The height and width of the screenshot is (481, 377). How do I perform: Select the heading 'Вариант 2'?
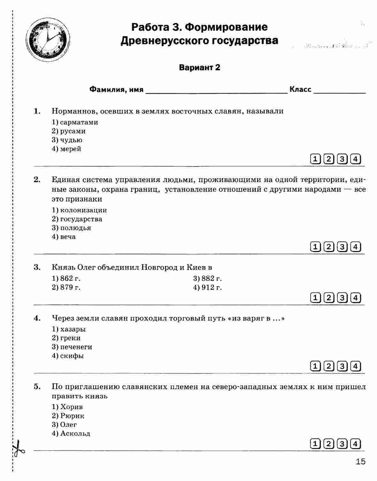point(200,68)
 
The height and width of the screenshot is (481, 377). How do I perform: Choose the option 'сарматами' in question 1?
point(75,122)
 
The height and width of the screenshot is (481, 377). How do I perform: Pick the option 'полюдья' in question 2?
point(72,228)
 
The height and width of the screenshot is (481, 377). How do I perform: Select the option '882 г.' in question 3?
point(207,279)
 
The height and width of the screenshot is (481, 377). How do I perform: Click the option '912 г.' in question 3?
point(207,287)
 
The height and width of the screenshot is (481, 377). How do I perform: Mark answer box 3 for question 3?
point(342,298)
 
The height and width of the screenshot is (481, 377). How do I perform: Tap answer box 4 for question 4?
point(356,366)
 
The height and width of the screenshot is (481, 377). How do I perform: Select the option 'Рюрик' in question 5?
point(68,416)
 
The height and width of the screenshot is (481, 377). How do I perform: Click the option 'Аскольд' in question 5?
point(71,434)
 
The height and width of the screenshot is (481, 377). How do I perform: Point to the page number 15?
point(360,462)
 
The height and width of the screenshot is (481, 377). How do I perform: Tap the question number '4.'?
point(37,318)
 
